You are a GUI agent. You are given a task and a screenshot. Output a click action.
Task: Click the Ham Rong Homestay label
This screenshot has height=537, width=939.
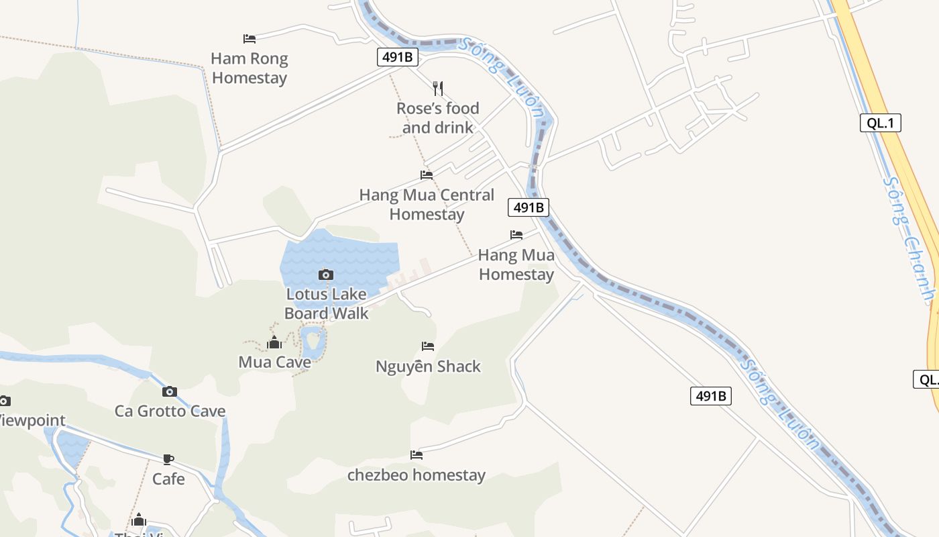point(250,68)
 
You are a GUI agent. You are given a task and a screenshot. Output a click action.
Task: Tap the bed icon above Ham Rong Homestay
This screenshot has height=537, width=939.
point(250,39)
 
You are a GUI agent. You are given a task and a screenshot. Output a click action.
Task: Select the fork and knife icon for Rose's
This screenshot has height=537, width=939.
point(438,88)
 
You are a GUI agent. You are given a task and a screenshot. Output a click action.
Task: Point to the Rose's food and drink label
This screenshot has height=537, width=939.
point(438,117)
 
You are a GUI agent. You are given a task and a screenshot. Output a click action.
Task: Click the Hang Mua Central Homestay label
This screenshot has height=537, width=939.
point(427,205)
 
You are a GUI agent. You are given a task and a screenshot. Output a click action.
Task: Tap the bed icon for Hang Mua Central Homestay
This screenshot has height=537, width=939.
point(427,175)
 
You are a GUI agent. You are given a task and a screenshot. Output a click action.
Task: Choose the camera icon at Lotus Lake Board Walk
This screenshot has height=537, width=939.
point(326,275)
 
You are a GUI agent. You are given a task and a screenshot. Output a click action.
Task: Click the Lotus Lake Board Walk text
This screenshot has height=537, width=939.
point(327,303)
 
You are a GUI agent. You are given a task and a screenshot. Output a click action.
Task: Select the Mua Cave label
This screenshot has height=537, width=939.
point(274,362)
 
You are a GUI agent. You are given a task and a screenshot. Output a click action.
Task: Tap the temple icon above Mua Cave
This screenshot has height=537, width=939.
point(274,343)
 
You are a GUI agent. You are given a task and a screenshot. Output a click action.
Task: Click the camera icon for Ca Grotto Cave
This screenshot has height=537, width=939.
point(170,391)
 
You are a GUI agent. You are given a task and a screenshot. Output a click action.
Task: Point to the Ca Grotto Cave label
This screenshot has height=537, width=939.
point(170,411)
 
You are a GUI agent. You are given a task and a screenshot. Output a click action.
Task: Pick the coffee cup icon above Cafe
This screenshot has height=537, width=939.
point(168,459)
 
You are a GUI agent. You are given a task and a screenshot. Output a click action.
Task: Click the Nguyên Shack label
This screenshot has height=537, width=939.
point(428,367)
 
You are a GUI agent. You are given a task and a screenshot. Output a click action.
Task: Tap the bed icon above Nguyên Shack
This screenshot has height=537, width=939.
point(428,346)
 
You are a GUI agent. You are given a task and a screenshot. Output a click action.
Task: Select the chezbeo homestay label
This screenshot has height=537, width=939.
point(416,475)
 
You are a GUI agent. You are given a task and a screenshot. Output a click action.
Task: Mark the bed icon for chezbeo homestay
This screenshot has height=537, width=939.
point(417,454)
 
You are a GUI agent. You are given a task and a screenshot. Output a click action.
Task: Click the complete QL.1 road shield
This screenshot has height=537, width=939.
point(880,123)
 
